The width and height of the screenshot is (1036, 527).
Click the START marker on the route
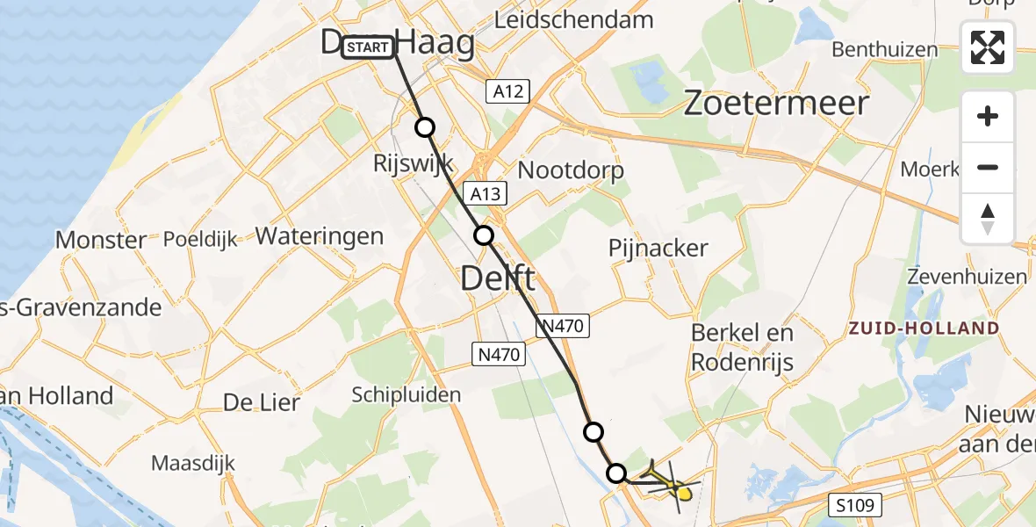click(x=369, y=47)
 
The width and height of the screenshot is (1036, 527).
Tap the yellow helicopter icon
click(x=678, y=487)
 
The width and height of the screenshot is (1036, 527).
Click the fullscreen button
click(x=988, y=47)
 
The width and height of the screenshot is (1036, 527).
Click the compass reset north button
click(x=988, y=219)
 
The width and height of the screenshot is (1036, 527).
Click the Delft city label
click(x=498, y=280)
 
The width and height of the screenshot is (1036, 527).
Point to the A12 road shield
click(x=507, y=91)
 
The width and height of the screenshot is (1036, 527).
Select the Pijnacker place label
click(x=658, y=248)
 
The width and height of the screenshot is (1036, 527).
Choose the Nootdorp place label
click(x=572, y=169)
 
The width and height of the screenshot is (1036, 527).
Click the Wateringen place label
click(x=320, y=235)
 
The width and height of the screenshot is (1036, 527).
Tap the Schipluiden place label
click(x=406, y=394)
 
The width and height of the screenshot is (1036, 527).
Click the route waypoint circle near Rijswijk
click(x=425, y=127)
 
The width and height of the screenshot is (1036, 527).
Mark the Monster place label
click(x=101, y=240)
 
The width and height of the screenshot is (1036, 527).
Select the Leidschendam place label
click(x=574, y=19)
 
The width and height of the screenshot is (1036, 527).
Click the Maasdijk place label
click(x=191, y=462)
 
